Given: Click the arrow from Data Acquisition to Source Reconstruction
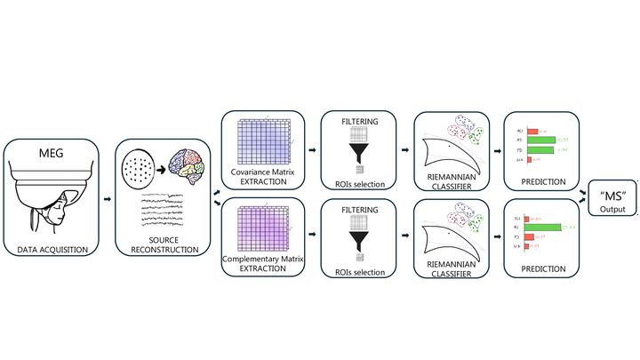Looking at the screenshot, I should point(108,199).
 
